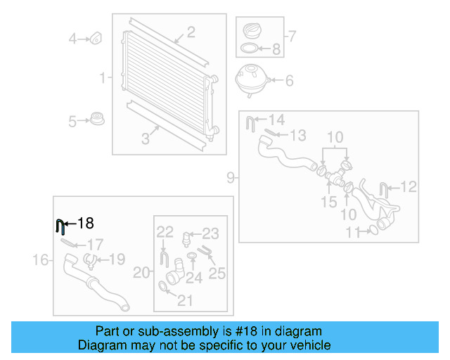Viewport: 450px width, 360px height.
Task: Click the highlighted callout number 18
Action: (85, 224)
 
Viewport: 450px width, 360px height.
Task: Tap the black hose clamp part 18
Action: (60, 226)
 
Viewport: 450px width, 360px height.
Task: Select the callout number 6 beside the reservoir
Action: (288, 80)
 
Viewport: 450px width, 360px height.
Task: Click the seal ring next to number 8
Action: (249, 49)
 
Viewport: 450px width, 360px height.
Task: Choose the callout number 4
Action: (72, 39)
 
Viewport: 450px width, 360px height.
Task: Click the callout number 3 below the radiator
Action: (146, 139)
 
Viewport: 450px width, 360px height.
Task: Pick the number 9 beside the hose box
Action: (231, 179)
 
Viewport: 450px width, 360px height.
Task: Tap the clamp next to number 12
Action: (384, 188)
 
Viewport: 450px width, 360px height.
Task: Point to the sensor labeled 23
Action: (188, 237)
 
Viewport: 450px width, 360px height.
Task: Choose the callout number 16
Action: (41, 261)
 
